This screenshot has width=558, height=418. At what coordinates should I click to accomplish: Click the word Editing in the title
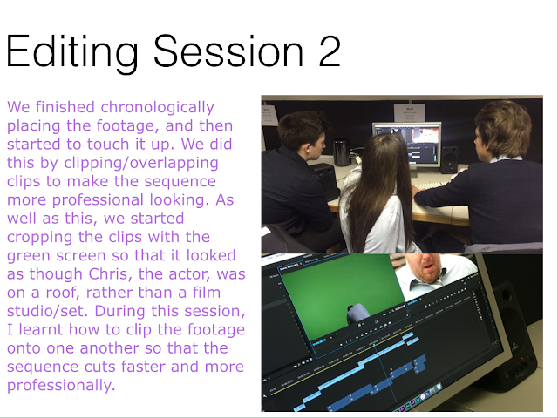point(71,52)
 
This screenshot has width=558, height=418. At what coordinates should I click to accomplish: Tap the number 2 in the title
point(330,51)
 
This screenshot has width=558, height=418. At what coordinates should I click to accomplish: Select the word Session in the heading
point(228,51)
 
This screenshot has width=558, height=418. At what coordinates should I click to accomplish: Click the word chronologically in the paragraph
point(157,107)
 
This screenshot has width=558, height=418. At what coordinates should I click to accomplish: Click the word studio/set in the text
point(47,311)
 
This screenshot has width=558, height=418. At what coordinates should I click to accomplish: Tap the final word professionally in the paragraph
point(61,385)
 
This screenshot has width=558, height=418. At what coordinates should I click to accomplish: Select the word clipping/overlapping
point(141,163)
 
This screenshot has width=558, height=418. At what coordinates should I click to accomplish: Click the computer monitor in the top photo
point(407,144)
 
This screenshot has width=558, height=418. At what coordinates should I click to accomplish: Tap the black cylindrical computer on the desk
point(342,152)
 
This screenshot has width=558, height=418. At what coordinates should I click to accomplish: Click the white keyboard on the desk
point(432,185)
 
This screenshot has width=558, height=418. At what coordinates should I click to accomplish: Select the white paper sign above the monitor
point(409,113)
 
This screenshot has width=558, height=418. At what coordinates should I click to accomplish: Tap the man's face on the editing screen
point(425,266)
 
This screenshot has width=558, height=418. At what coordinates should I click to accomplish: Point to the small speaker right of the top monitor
point(449,159)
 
